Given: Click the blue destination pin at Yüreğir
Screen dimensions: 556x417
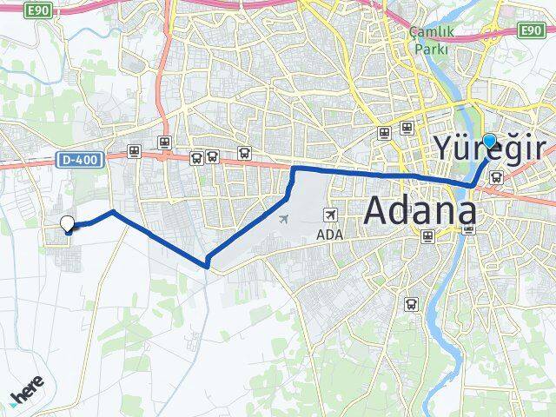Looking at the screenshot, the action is click(489, 141).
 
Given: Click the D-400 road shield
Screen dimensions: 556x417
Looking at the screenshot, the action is click(81, 160).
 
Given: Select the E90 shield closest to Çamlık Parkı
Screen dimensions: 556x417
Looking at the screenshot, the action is click(532, 30).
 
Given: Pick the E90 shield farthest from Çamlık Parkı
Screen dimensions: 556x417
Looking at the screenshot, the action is click(38, 10).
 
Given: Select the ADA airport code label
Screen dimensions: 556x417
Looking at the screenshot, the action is click(330, 235).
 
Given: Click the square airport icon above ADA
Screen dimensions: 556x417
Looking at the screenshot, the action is click(330, 215).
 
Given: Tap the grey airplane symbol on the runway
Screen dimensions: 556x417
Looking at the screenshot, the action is click(284, 217).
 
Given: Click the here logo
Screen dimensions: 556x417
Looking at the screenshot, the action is click(27, 396).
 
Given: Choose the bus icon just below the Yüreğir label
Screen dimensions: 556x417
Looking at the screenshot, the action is click(495, 177).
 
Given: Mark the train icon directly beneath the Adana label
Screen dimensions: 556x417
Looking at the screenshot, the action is click(427, 235).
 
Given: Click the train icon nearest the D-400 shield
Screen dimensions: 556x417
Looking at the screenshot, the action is click(134, 151).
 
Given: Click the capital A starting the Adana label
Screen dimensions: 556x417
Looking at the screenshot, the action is click(378, 211).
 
